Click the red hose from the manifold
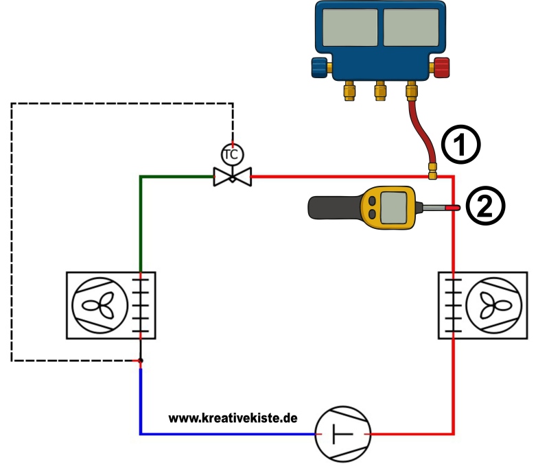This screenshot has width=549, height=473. point(420,134)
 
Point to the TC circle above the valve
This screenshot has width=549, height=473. point(231,154)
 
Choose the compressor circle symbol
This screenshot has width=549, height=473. point(342,434)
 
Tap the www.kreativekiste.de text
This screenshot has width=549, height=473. point(233,417)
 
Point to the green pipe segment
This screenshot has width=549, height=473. point(141,219)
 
